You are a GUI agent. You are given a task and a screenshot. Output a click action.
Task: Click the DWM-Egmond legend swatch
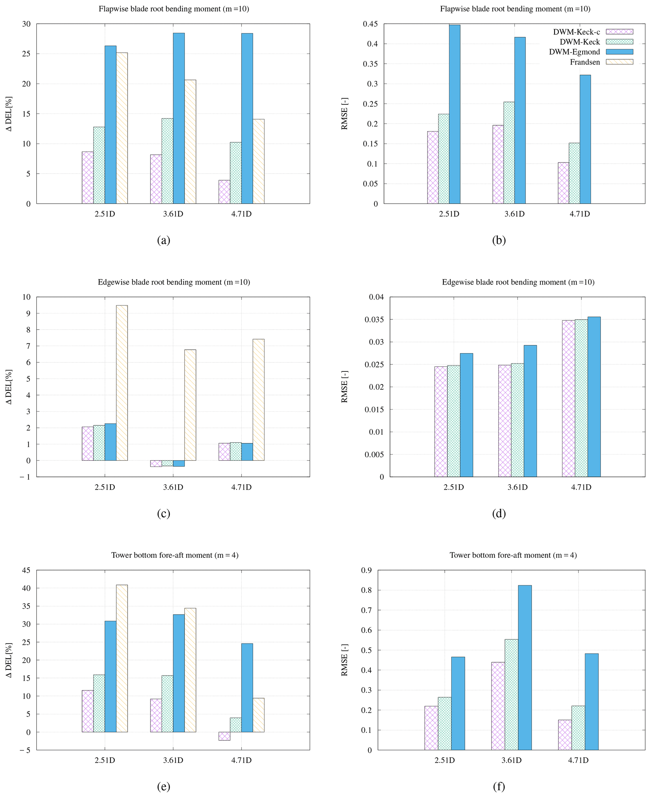point(619,52)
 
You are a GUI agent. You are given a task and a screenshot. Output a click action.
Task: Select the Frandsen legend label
point(585,62)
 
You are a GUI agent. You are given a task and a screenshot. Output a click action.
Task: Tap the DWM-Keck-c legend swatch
point(619,32)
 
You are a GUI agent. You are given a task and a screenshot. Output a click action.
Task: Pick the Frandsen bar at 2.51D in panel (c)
point(122,383)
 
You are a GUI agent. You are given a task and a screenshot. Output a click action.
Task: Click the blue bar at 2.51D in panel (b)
point(454,114)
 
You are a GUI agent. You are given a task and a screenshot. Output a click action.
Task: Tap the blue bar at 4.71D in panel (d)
point(594,397)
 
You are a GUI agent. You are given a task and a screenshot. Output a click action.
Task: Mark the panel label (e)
point(163,786)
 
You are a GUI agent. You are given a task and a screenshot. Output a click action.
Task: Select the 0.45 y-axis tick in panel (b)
point(370,24)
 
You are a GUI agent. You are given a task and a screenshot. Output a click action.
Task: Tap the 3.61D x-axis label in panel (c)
point(173,487)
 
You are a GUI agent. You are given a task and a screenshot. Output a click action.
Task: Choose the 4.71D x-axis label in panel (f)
point(578,760)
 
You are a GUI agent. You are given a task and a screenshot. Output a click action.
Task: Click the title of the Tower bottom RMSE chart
point(513,555)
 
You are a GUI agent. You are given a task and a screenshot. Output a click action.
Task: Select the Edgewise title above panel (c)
point(174,282)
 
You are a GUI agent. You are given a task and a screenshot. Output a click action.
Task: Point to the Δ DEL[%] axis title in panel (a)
point(9,114)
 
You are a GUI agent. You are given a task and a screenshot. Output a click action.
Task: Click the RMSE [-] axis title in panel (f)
point(345,660)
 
